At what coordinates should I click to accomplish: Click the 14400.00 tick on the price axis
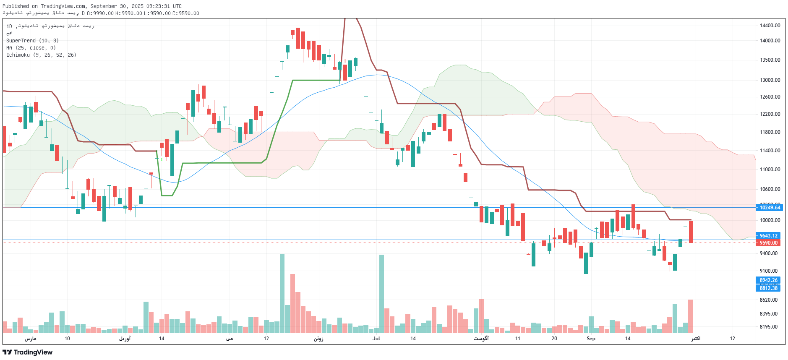click(x=770, y=26)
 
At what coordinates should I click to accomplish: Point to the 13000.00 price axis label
click(x=770, y=80)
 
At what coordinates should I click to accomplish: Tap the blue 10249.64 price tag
click(x=770, y=208)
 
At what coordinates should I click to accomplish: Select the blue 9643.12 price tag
click(x=768, y=236)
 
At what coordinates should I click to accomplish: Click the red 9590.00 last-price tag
click(x=768, y=243)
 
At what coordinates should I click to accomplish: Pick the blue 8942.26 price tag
click(x=768, y=280)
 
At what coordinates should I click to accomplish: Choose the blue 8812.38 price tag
click(x=768, y=288)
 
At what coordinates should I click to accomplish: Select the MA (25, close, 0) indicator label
click(x=31, y=48)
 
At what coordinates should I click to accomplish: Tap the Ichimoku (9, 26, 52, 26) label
click(x=41, y=55)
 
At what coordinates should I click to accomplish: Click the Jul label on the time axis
click(x=376, y=339)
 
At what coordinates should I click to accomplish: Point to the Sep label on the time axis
click(x=591, y=339)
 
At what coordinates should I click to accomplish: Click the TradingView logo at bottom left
click(x=28, y=352)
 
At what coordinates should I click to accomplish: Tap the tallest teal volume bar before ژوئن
click(x=282, y=294)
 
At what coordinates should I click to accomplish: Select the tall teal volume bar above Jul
click(x=381, y=294)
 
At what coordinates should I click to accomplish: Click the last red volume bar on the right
click(x=690, y=316)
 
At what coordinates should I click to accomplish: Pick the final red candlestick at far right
click(x=691, y=232)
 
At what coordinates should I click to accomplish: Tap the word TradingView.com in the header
click(x=63, y=6)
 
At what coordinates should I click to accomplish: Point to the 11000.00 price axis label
click(x=770, y=170)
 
